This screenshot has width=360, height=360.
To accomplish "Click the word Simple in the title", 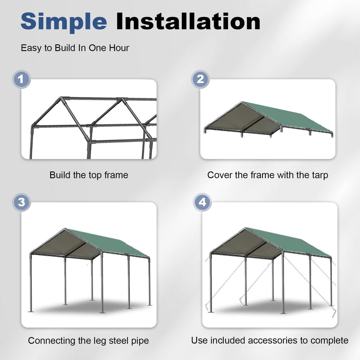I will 64,22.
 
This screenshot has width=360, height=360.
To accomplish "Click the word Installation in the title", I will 188,22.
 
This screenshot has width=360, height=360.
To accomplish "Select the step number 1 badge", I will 21,79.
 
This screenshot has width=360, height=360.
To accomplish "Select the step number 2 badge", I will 200,79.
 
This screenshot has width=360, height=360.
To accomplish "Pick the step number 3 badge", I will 21,202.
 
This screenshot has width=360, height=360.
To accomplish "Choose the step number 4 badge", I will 202,202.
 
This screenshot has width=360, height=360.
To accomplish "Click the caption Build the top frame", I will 89,175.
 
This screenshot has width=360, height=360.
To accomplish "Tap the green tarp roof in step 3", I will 113,242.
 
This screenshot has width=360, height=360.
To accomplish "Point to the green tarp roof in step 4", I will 294,242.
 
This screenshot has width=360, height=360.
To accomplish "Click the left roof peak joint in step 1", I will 61,98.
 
